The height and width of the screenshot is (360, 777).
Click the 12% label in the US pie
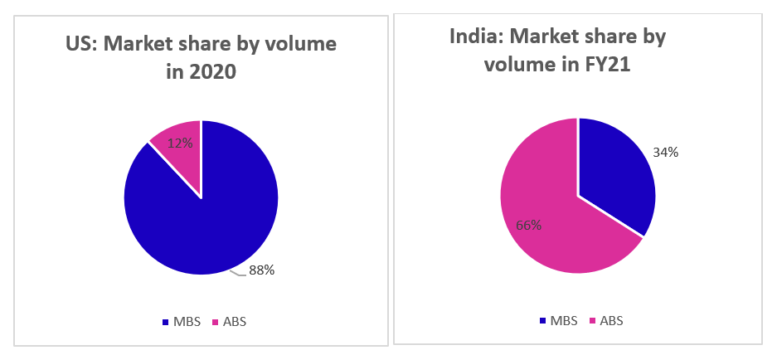pos(181,143)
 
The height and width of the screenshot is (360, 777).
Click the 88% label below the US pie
pos(261,270)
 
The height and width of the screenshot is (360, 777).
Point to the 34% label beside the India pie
pos(666,152)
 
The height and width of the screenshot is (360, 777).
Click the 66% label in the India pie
pos(528,225)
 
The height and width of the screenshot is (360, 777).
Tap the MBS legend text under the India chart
pos(566,320)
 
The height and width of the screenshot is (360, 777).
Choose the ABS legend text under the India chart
pos(612,320)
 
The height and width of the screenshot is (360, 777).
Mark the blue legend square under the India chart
pos(543,320)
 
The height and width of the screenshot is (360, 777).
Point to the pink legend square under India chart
pos(591,320)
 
